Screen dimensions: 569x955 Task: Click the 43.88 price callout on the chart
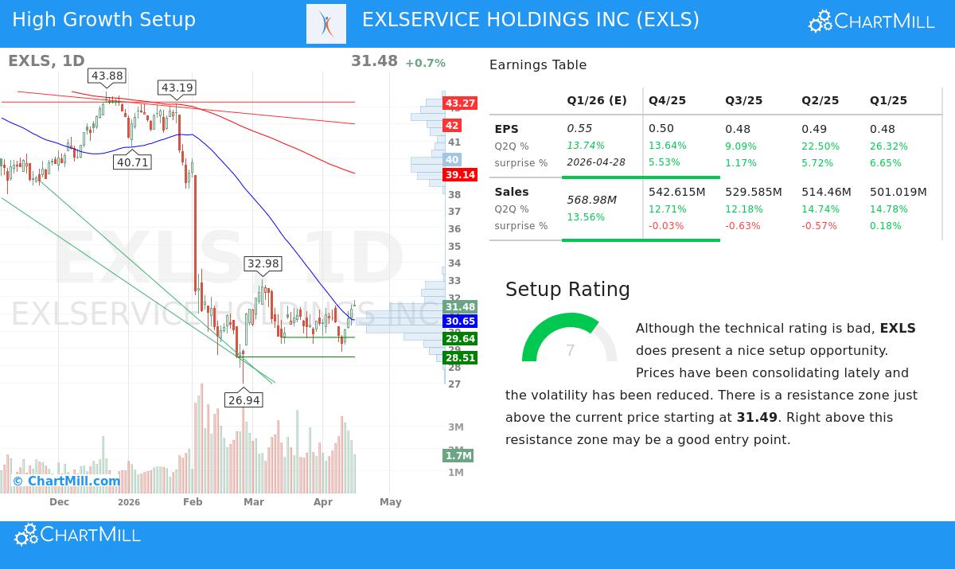(107, 76)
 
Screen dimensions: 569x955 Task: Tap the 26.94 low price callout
(244, 400)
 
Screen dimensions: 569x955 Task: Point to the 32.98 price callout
(263, 264)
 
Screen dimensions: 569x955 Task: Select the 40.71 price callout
(133, 162)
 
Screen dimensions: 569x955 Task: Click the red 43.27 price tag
(460, 103)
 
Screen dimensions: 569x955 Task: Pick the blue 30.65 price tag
(460, 322)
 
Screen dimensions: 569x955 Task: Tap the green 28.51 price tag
(460, 358)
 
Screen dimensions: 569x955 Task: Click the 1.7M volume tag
(458, 456)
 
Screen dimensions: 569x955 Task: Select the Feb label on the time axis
(193, 502)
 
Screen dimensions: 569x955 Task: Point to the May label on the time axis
(390, 502)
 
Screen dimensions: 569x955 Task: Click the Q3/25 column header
(743, 101)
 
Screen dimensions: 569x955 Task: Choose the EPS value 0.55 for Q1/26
(579, 129)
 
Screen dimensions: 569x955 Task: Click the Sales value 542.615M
(676, 193)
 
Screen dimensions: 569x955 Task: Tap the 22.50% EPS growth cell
(820, 146)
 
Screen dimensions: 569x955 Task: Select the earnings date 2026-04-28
(596, 162)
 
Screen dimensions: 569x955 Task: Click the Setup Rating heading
(567, 290)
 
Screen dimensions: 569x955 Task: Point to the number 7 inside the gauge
(570, 351)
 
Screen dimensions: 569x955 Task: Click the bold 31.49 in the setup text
(757, 418)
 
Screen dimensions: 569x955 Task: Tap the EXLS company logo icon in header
(326, 24)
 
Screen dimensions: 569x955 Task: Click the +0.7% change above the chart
(425, 64)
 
